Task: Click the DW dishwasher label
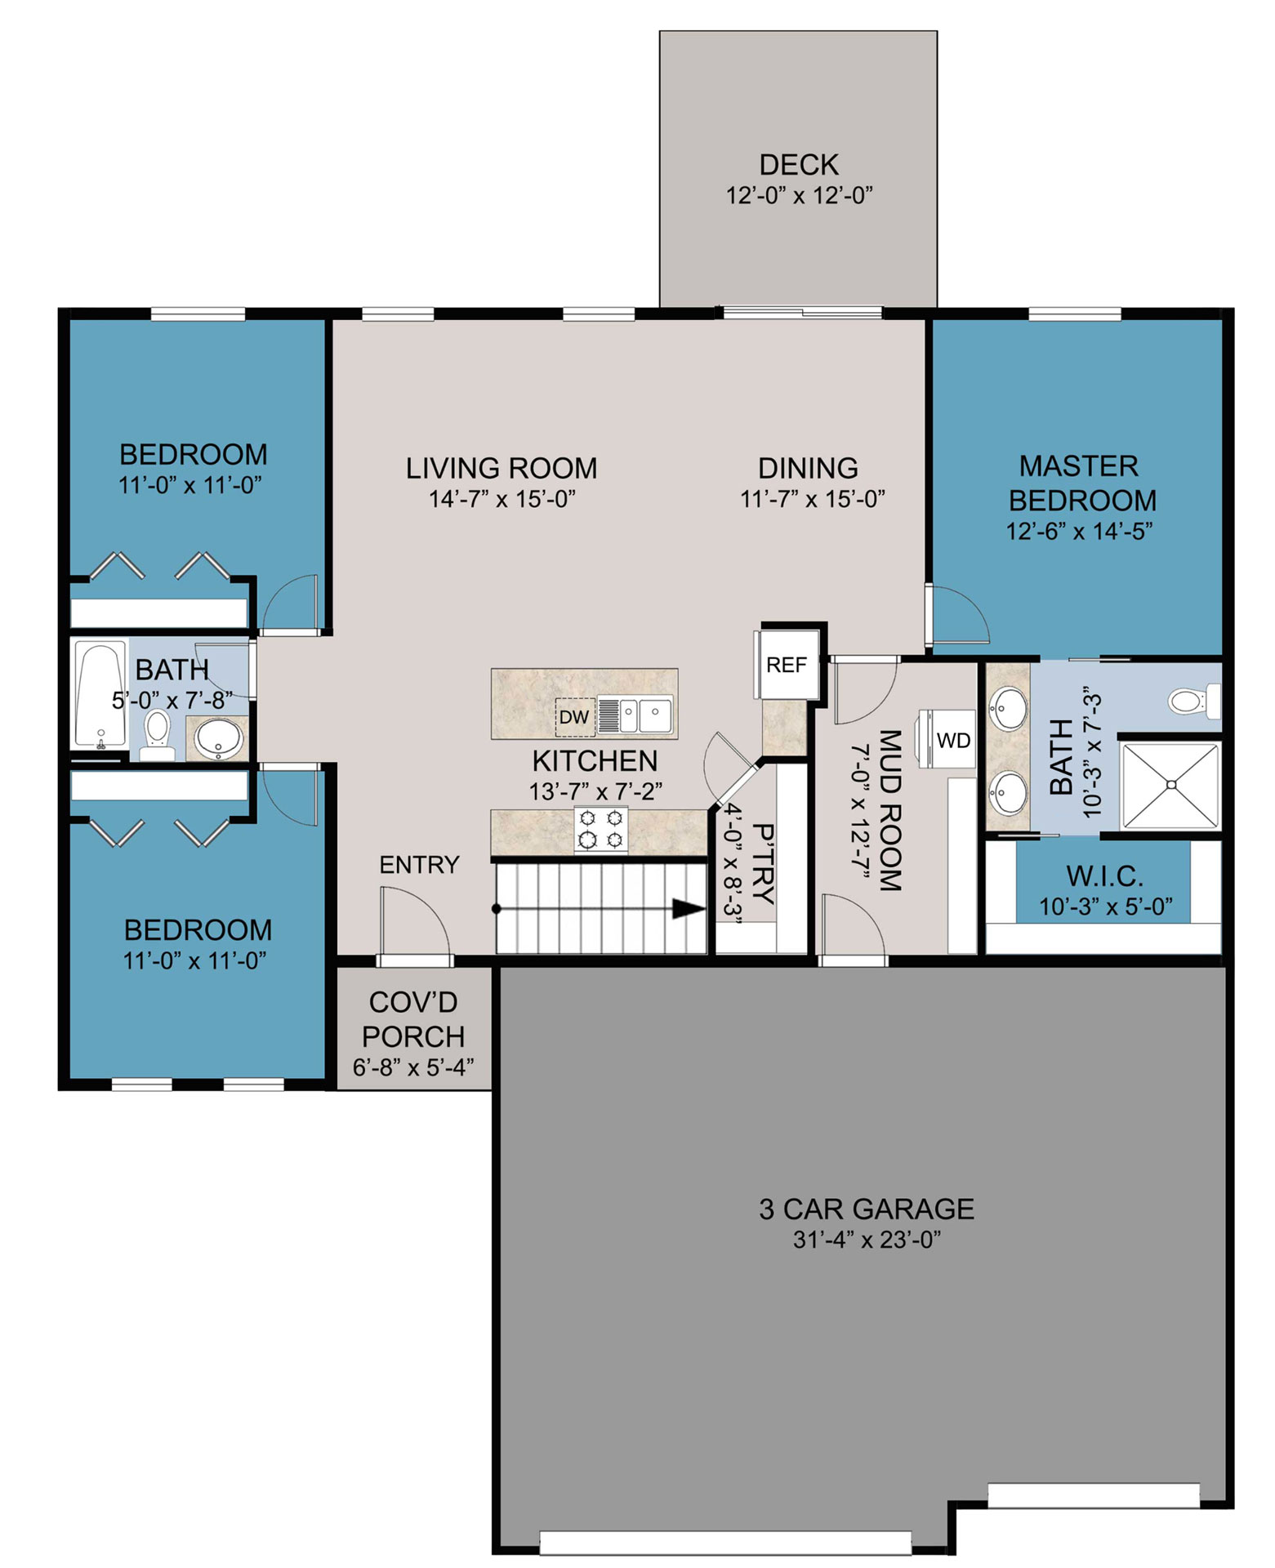(573, 717)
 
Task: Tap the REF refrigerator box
(786, 665)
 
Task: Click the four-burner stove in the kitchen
(601, 829)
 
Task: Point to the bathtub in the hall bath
(100, 695)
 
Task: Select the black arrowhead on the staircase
(689, 908)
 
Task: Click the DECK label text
(799, 165)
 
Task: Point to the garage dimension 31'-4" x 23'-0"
(867, 1240)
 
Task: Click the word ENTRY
(420, 865)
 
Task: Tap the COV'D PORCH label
(413, 1019)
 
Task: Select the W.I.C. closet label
(1104, 876)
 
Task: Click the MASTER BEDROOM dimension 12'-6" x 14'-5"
(1079, 531)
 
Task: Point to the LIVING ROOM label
(502, 468)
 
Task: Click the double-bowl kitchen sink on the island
(634, 715)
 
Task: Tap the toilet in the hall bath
(156, 734)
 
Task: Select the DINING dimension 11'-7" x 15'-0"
(813, 499)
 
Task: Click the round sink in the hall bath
(219, 737)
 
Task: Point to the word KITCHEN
(595, 761)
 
